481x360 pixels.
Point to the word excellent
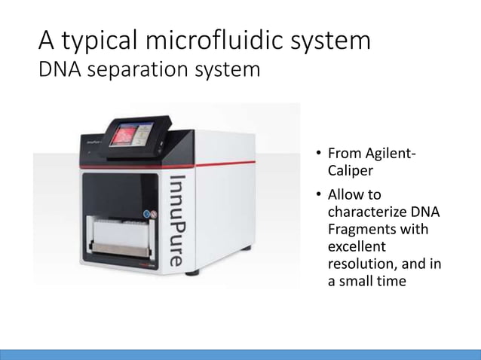(357, 246)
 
